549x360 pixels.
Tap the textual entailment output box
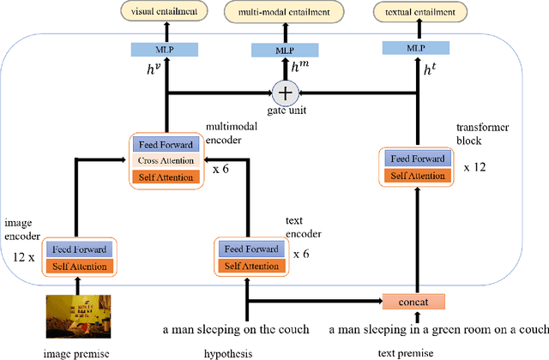(417, 13)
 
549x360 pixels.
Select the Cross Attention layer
(165, 160)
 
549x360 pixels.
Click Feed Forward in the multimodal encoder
(165, 145)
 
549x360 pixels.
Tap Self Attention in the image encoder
(79, 266)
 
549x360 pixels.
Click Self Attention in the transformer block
(416, 175)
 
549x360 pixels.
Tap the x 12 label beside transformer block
(474, 167)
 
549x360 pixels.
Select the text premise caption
(406, 351)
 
